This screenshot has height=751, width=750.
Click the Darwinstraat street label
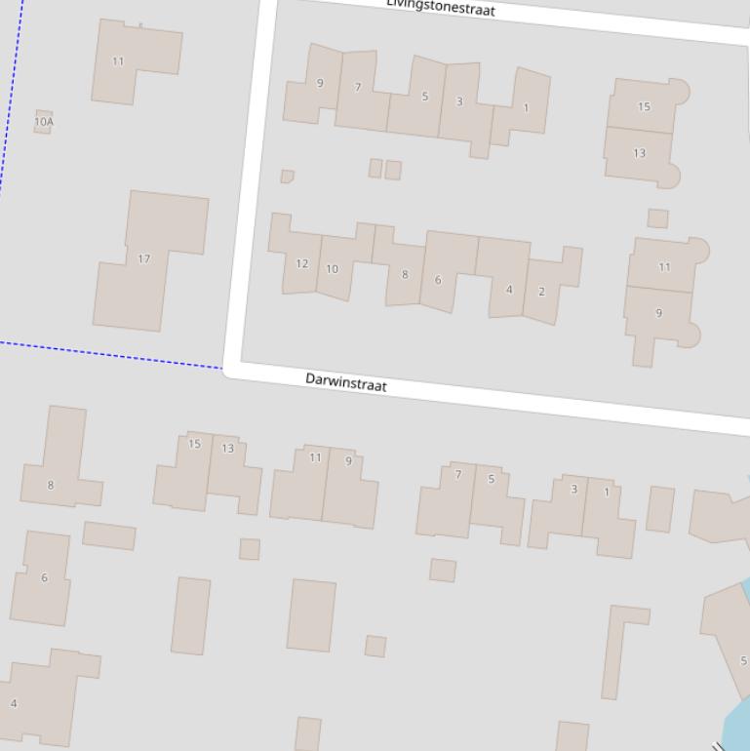[346, 382]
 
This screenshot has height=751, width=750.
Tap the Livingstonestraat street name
[441, 7]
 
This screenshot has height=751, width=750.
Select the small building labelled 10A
[43, 122]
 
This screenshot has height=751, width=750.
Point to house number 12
[301, 263]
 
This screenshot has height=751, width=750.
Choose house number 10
[333, 269]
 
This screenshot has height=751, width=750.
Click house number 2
[542, 291]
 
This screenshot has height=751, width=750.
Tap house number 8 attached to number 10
[404, 274]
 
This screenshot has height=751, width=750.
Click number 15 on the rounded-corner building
[644, 106]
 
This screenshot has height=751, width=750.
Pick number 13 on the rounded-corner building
[639, 153]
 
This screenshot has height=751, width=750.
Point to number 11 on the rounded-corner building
[664, 266]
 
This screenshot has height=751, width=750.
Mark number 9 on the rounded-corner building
[658, 313]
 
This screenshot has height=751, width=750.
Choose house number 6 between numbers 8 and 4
[44, 577]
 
